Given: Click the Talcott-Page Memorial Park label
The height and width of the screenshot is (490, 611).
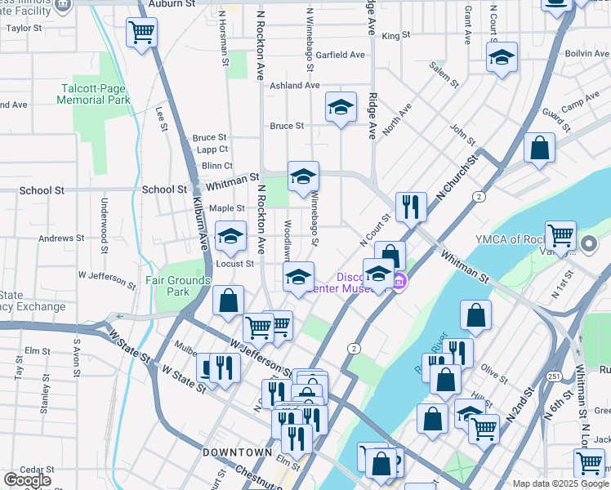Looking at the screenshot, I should [x=95, y=94].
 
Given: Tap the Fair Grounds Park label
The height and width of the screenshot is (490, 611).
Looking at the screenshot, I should [x=178, y=285].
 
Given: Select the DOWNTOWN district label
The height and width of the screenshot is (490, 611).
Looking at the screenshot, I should [x=237, y=452].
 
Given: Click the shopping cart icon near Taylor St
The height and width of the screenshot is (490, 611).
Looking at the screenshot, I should [x=141, y=33].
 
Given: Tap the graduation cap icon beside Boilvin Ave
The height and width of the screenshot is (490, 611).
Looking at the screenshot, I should [x=502, y=57].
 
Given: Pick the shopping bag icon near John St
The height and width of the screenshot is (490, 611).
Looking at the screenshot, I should [x=539, y=148].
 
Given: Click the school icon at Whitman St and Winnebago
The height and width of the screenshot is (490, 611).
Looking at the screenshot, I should [x=303, y=176].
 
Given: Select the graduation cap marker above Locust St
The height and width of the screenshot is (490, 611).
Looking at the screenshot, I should [x=230, y=237].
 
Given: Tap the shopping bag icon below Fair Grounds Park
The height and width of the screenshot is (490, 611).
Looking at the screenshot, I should [x=228, y=299].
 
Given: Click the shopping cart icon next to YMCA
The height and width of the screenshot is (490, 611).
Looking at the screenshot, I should [x=560, y=236].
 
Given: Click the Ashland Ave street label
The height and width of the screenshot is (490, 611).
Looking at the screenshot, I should [x=295, y=85].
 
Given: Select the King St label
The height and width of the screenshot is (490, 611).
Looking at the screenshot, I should [x=395, y=35].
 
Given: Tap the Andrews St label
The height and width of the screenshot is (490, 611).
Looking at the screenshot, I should [x=62, y=238].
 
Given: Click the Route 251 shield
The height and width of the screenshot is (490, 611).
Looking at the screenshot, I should [x=554, y=376].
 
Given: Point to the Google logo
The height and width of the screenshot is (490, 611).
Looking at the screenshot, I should [x=27, y=480].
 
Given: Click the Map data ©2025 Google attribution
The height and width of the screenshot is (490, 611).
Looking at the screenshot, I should [x=560, y=483].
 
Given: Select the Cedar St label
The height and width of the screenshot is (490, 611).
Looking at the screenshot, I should [x=14, y=469].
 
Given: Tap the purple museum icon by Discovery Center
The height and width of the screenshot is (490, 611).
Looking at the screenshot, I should [x=399, y=283].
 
